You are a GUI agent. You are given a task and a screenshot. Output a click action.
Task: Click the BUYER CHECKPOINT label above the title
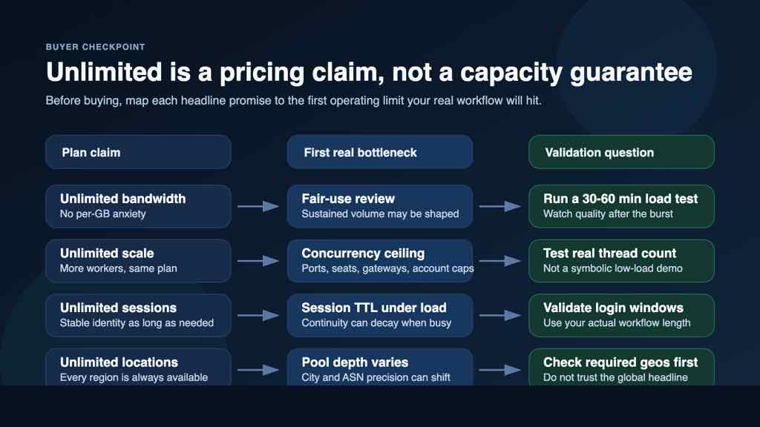tap(95, 47)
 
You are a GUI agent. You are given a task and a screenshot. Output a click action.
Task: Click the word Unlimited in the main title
tap(104, 73)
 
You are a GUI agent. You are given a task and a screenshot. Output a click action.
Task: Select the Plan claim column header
tap(138, 152)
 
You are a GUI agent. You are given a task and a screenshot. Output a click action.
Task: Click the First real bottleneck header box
tap(379, 152)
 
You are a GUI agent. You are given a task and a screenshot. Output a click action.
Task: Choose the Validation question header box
tap(620, 152)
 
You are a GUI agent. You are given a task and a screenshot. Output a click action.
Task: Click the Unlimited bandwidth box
tap(138, 206)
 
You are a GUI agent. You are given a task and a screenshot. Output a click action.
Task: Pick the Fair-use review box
tap(379, 206)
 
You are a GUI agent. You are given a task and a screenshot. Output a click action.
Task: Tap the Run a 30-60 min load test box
tap(620, 206)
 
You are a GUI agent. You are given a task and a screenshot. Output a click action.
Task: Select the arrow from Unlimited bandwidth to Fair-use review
tap(258, 207)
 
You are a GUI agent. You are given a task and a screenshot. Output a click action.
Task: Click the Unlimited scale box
tap(138, 260)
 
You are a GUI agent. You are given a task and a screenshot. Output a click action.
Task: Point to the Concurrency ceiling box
tap(379, 260)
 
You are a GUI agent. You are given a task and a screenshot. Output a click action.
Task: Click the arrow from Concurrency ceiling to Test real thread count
tap(500, 261)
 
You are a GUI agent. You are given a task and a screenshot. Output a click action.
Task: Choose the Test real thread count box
tap(620, 260)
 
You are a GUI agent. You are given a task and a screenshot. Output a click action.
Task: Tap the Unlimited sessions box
tap(138, 315)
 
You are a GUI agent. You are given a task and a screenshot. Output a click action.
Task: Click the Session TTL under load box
tap(379, 315)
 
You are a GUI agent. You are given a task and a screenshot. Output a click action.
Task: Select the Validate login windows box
tap(620, 315)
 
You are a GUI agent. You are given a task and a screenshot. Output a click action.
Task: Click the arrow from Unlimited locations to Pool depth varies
tap(258, 370)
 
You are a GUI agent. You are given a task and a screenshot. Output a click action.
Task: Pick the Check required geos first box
tap(620, 368)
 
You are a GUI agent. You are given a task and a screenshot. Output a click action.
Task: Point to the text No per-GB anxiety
tap(103, 214)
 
